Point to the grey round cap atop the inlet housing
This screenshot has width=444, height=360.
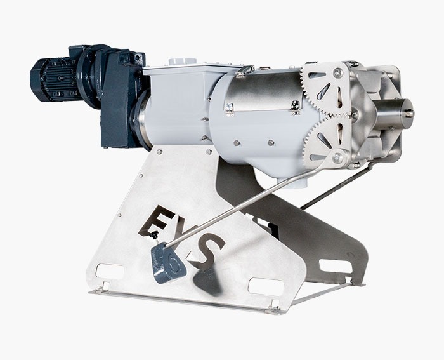click(x=183, y=62)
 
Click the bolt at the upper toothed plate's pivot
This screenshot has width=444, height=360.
click(x=337, y=72)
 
